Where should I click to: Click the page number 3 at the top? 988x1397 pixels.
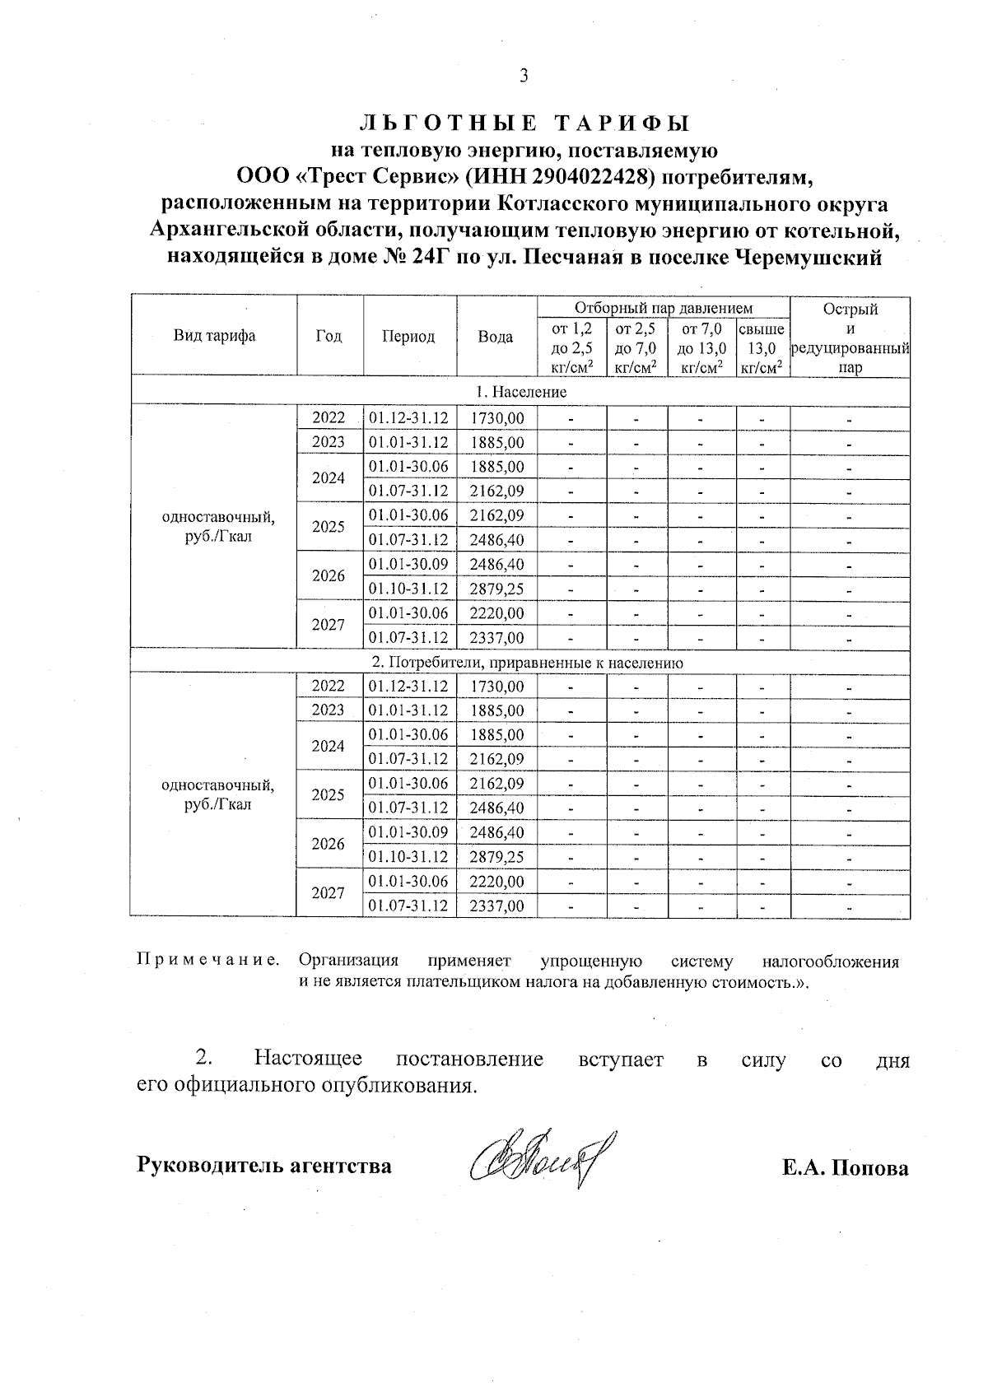pyautogui.click(x=524, y=77)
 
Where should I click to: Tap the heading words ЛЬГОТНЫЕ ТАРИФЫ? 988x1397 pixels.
pyautogui.click(x=524, y=123)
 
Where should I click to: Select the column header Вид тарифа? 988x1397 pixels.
pyautogui.click(x=214, y=336)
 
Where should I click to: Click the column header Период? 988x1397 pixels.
pyautogui.click(x=408, y=336)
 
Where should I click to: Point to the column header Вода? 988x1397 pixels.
pyautogui.click(x=496, y=336)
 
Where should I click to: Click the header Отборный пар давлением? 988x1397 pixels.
pyautogui.click(x=663, y=308)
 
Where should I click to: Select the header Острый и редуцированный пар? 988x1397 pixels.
pyautogui.click(x=850, y=338)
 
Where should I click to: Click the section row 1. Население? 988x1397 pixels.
pyautogui.click(x=520, y=392)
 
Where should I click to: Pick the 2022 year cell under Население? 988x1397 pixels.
pyautogui.click(x=329, y=418)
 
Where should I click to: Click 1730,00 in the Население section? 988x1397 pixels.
pyautogui.click(x=496, y=418)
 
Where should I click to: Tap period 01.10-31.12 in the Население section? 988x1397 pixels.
pyautogui.click(x=408, y=589)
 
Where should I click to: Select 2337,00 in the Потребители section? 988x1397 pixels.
pyautogui.click(x=496, y=906)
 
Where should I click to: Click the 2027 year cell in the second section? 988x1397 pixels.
pyautogui.click(x=329, y=892)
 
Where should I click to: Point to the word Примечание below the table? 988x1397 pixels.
pyautogui.click(x=208, y=961)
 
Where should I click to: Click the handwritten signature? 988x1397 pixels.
pyautogui.click(x=543, y=1161)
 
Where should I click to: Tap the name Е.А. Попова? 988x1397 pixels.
pyautogui.click(x=846, y=1168)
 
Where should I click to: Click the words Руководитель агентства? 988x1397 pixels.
pyautogui.click(x=263, y=1166)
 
